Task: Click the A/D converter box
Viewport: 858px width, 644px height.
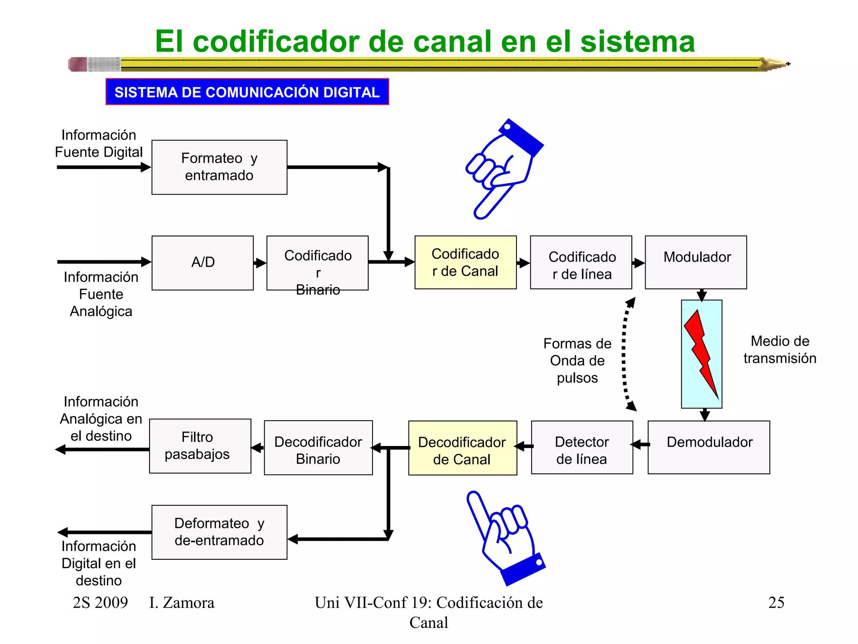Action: click(202, 263)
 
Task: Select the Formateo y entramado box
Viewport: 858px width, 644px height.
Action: click(219, 167)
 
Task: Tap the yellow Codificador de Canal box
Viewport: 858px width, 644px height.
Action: click(465, 262)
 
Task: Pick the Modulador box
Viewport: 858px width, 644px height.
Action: click(695, 262)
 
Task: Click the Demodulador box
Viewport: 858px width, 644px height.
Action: click(708, 447)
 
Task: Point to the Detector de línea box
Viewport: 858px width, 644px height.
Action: click(581, 447)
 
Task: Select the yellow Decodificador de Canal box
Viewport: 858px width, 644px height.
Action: click(462, 448)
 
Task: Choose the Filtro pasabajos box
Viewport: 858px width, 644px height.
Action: click(200, 446)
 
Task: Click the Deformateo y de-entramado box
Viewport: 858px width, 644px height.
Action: click(219, 532)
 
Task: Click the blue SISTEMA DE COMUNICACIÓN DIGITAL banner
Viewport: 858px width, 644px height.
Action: click(247, 92)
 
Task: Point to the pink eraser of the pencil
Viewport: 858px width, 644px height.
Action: click(78, 64)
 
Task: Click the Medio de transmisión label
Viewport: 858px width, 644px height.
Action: click(779, 350)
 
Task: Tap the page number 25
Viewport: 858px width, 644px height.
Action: click(776, 602)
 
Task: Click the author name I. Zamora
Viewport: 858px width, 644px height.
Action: click(181, 602)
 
